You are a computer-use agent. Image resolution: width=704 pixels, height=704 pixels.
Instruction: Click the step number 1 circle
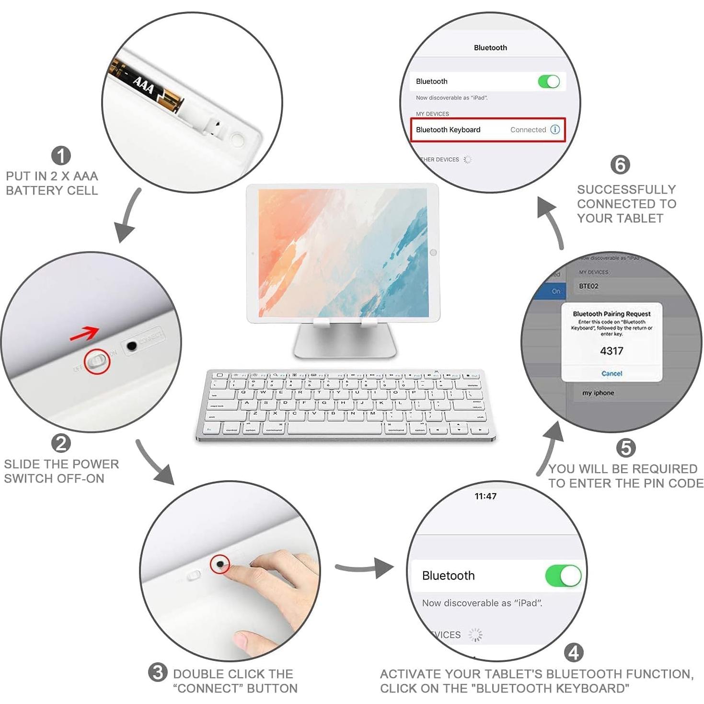(x=61, y=155)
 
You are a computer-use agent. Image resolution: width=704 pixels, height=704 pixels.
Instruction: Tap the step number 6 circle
(x=620, y=164)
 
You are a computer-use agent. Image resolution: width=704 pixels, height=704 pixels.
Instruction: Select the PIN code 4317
(x=612, y=351)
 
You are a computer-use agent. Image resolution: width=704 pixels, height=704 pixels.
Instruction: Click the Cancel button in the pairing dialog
(x=612, y=373)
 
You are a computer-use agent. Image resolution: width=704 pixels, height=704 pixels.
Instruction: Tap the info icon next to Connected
(x=555, y=129)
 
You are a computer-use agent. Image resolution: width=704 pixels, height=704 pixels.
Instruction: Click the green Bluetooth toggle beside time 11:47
(x=563, y=576)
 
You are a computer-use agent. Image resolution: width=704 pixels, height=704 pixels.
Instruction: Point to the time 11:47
(x=485, y=496)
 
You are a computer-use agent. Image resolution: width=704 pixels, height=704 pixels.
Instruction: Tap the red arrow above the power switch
(x=84, y=334)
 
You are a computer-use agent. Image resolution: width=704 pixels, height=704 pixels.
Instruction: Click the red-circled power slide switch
(x=97, y=362)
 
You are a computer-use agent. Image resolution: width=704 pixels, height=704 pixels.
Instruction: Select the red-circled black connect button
(x=220, y=564)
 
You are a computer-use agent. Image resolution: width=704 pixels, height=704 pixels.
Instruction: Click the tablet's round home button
(x=433, y=252)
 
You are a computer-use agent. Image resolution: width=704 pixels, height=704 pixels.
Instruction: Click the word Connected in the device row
(x=528, y=129)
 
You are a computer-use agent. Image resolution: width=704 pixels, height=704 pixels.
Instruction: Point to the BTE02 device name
(x=589, y=286)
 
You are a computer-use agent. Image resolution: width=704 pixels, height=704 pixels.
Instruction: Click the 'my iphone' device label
(x=598, y=393)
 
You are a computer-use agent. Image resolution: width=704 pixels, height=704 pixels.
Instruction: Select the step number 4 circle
(x=574, y=653)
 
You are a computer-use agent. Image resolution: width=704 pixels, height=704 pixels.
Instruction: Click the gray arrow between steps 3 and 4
(x=364, y=568)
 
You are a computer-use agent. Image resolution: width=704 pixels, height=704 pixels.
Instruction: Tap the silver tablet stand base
(x=345, y=343)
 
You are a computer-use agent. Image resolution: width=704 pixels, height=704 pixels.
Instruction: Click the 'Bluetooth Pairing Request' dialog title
(x=612, y=314)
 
